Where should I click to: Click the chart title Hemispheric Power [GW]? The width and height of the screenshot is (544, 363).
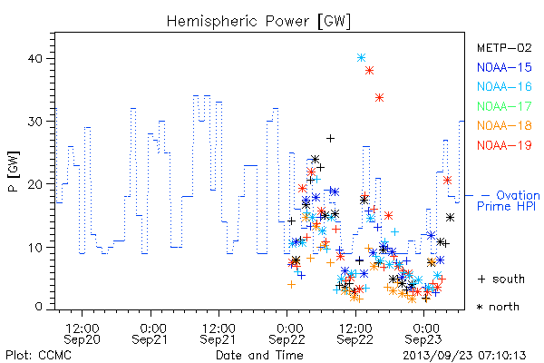click(x=258, y=22)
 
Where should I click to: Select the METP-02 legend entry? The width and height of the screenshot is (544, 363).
click(x=504, y=47)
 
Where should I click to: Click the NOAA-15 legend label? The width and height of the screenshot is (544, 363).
click(x=504, y=67)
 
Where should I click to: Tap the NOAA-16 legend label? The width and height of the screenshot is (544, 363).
click(x=504, y=86)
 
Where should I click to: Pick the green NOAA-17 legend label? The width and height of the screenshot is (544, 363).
click(x=504, y=106)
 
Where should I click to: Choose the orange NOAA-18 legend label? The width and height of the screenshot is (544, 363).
click(x=504, y=125)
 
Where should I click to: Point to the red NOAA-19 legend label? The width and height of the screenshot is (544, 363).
click(x=504, y=145)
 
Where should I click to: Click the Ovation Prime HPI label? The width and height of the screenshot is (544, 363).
click(x=509, y=201)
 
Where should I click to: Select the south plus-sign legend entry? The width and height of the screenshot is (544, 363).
click(x=501, y=279)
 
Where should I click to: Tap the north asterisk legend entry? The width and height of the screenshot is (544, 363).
click(x=498, y=307)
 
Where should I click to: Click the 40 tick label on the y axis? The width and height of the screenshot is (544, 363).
click(x=34, y=58)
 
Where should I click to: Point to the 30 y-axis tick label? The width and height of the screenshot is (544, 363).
click(x=34, y=122)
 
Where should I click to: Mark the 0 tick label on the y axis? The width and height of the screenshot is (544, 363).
click(x=38, y=307)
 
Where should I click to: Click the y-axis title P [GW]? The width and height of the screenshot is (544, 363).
click(x=14, y=172)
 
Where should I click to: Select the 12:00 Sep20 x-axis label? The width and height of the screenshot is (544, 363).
click(x=82, y=334)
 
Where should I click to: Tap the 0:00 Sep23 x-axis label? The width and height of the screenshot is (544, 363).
click(x=423, y=334)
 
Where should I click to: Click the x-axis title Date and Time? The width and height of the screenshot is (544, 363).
click(x=259, y=355)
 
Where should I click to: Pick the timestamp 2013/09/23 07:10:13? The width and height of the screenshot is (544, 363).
click(x=464, y=356)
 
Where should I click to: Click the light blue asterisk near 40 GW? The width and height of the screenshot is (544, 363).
click(x=361, y=58)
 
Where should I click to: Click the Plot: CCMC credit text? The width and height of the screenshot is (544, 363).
click(x=38, y=355)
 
